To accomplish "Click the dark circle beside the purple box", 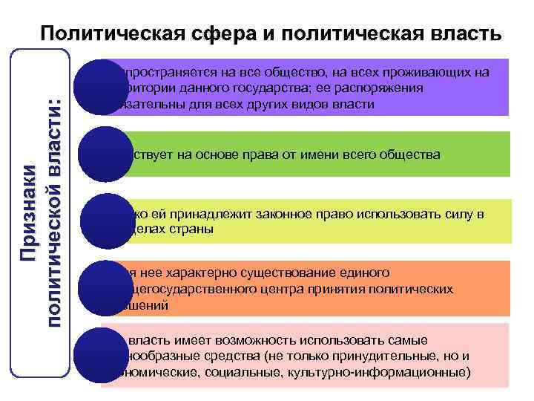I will tap(103, 86).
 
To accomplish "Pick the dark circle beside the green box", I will tap(103, 154).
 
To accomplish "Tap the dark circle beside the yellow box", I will tap(103, 221).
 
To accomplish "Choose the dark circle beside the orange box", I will tap(103, 287).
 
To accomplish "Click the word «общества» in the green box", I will tap(412, 155).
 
